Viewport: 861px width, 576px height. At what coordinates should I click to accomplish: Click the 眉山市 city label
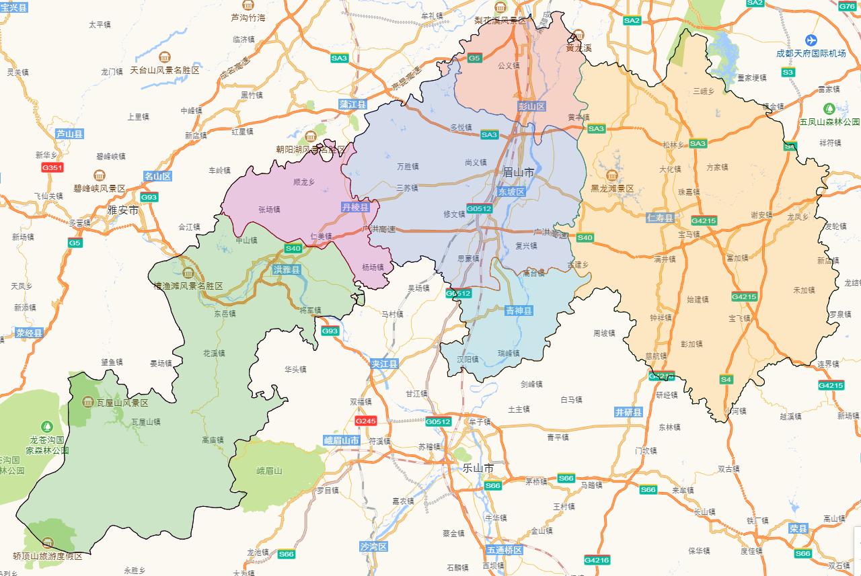click(518, 173)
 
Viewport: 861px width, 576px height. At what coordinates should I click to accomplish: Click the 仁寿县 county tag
click(660, 218)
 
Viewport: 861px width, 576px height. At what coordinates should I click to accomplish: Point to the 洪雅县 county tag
click(287, 270)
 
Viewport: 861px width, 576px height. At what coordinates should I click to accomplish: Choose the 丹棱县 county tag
click(355, 208)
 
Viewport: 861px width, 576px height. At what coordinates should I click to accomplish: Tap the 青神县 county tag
click(519, 311)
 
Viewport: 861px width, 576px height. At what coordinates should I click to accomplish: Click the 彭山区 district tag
click(531, 106)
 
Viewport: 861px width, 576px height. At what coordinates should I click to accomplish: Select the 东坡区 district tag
click(511, 192)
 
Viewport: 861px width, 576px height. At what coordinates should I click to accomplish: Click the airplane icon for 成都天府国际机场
click(811, 40)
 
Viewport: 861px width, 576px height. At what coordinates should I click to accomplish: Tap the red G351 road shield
click(52, 167)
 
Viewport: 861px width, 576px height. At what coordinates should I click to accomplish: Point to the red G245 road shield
click(366, 421)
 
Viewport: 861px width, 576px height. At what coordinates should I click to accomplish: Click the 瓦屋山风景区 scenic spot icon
click(87, 402)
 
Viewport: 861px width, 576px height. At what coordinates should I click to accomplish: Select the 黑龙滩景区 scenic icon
click(612, 176)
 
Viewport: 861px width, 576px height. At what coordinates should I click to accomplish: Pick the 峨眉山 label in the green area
click(269, 471)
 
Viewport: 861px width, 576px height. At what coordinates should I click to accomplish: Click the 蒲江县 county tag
click(352, 105)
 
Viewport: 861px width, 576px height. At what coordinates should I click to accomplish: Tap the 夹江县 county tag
click(384, 364)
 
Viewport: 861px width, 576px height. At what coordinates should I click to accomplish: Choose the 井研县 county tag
click(628, 412)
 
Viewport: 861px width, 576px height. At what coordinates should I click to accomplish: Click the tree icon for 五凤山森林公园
click(829, 108)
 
